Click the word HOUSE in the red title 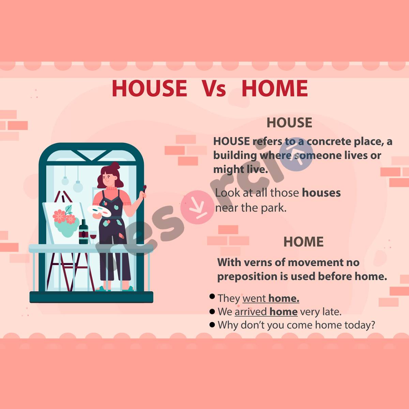pos(149,88)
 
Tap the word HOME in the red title pos(274,88)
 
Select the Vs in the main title pos(214,89)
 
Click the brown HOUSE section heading pos(289,123)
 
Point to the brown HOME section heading pos(303,242)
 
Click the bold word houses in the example pos(321,193)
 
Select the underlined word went pos(254,299)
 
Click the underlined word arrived pos(251,312)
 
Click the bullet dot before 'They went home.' pos(212,297)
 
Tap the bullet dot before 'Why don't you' pos(212,324)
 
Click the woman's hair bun pos(115,166)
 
